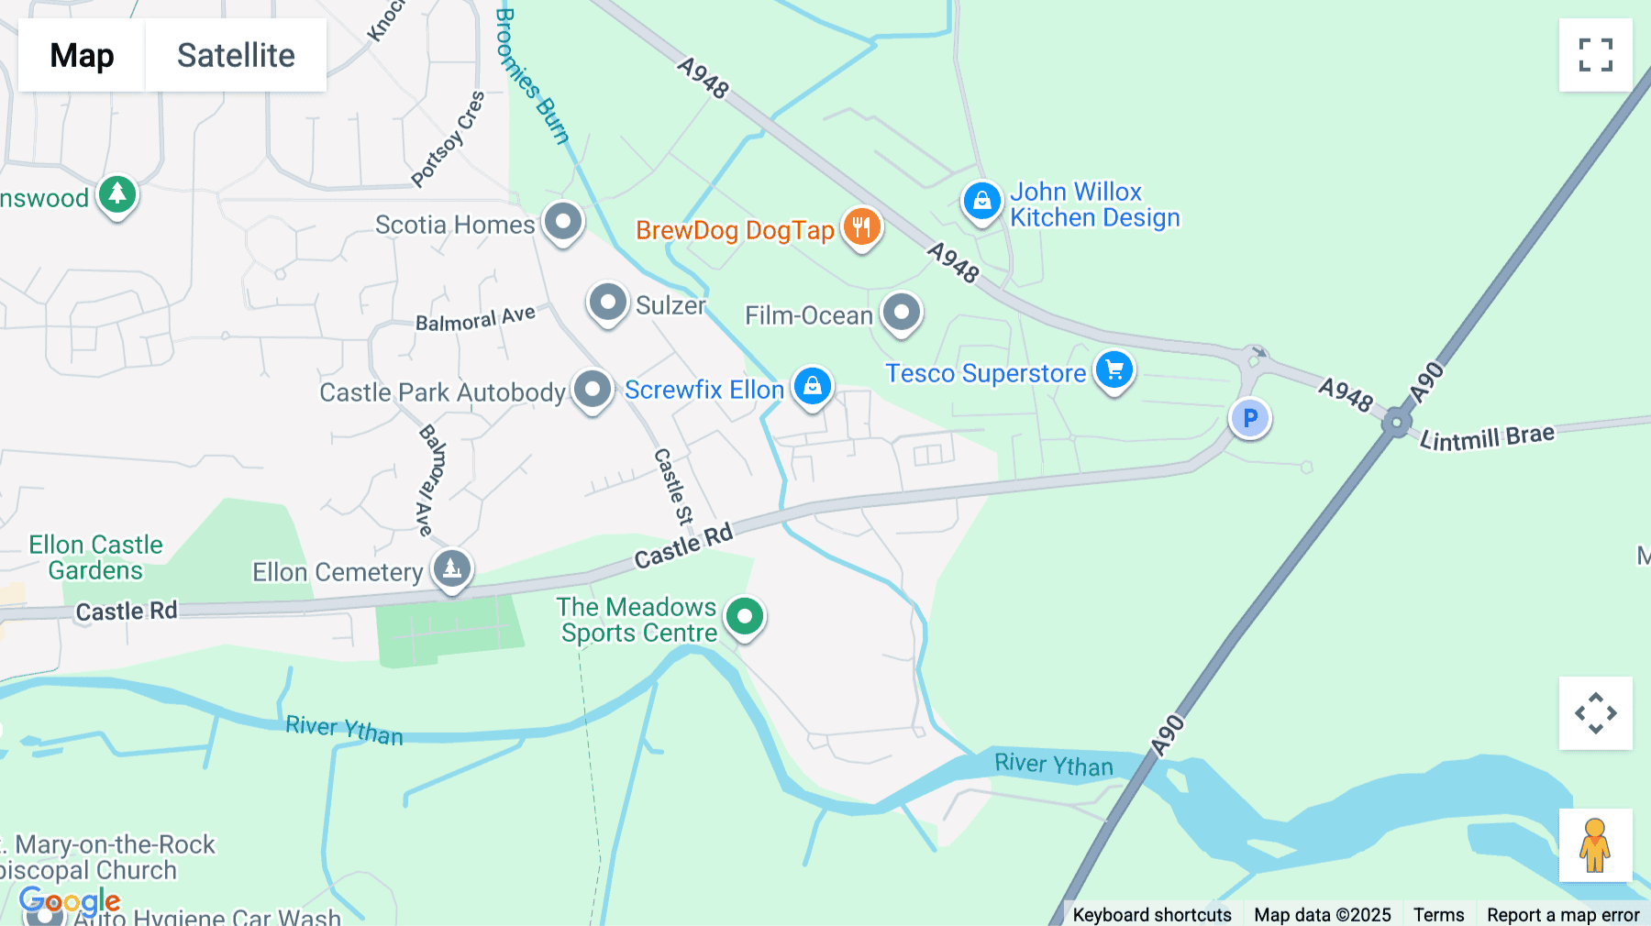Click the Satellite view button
pos(236,55)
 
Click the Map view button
pos(82,55)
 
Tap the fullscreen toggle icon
pos(1595,55)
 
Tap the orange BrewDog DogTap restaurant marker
pos(861,226)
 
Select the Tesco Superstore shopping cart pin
pos(1114,370)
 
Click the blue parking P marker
pos(1249,419)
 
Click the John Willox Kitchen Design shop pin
pos(981,201)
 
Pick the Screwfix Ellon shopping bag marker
pos(812,387)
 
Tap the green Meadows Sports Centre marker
pos(744,617)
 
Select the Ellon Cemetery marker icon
pos(452,569)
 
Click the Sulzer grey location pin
pos(607,303)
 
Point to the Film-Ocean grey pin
pos(901,314)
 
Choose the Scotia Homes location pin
pos(562,222)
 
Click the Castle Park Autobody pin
pos(593,390)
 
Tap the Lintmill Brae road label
pos(1487,436)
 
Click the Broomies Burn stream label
pos(531,76)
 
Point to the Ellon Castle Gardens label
pos(95,557)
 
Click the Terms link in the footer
pos(1438,914)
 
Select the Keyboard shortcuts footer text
pos(1152,914)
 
